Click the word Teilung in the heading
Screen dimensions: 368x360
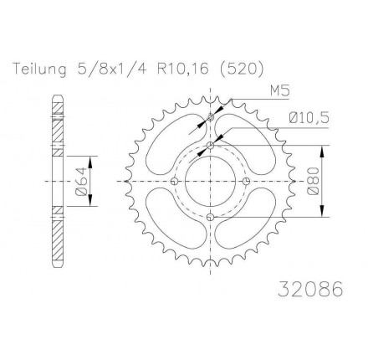coord(40,69)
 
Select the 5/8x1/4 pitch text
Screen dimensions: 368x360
coord(110,69)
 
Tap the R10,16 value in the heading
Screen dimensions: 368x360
coord(182,69)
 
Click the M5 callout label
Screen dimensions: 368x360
coord(279,91)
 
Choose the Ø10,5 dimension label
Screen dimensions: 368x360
coord(309,118)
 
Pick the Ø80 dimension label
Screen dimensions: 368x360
coord(312,181)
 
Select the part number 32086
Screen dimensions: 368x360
coord(310,289)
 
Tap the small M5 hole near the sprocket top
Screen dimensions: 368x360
coord(211,118)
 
